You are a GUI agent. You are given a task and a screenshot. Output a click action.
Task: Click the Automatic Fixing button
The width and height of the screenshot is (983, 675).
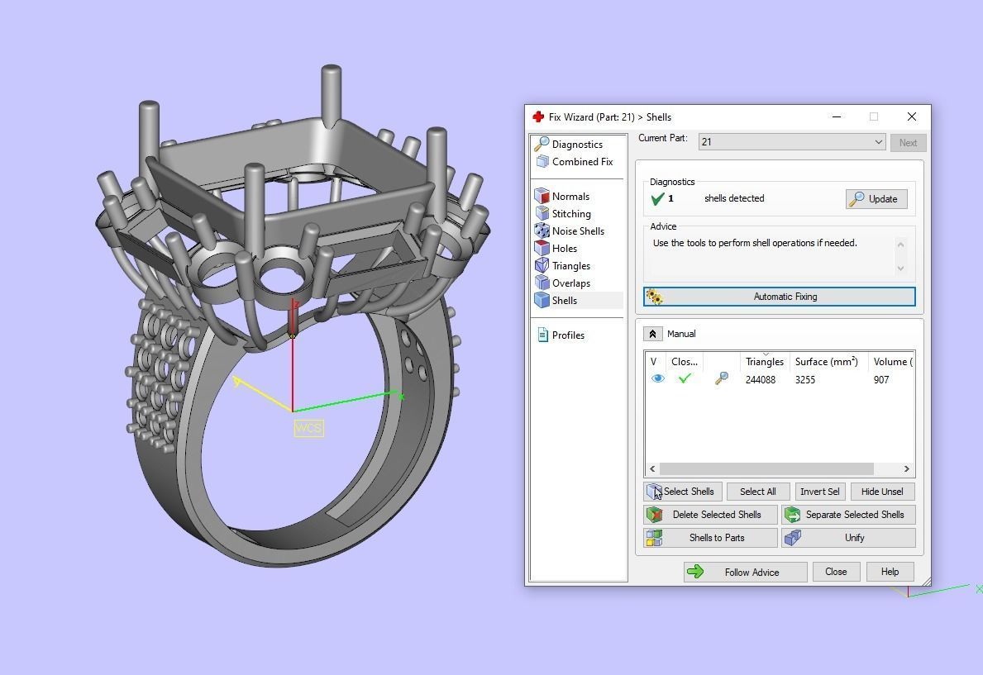(x=779, y=297)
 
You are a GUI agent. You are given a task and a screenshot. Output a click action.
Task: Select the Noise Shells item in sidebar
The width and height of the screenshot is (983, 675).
(x=577, y=231)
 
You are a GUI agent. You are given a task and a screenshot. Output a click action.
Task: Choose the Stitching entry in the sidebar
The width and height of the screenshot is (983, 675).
(x=570, y=214)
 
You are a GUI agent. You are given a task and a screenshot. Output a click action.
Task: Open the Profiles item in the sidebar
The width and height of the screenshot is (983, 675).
(x=567, y=335)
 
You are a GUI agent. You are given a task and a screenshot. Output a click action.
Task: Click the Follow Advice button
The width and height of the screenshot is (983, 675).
(x=745, y=572)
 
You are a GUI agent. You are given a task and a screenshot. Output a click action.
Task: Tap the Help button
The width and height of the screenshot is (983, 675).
(x=890, y=572)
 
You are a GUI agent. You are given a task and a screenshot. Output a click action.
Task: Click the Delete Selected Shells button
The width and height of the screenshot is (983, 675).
(x=711, y=515)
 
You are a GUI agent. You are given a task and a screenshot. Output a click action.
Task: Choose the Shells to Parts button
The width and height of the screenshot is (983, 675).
(x=711, y=538)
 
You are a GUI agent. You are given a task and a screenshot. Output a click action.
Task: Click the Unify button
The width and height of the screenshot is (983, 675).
(x=848, y=538)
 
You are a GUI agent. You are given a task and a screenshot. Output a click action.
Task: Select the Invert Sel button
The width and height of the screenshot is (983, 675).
(x=819, y=492)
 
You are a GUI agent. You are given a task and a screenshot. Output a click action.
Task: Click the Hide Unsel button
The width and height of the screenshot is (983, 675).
(x=882, y=492)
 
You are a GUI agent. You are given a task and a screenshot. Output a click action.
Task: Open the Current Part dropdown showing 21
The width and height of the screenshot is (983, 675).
(x=792, y=142)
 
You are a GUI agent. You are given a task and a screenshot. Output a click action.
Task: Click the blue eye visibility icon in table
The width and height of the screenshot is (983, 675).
(x=658, y=379)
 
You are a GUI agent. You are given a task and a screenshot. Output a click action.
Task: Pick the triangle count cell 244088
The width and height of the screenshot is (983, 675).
(x=761, y=380)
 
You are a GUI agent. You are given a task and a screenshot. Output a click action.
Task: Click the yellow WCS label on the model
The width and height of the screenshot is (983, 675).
(x=308, y=428)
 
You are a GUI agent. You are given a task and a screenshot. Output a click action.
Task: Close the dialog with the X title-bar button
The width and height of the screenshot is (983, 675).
(x=911, y=117)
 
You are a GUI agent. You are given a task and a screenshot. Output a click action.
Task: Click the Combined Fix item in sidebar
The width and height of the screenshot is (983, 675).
(x=581, y=162)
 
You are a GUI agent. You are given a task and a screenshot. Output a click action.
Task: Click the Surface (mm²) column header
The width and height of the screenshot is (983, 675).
(x=826, y=362)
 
